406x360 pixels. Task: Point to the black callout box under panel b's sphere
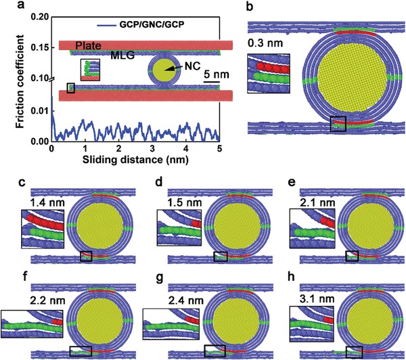[x=338, y=124]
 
